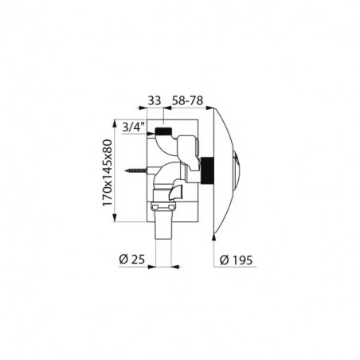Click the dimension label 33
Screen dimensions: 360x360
[x=155, y=100]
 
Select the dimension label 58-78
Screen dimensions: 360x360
[x=188, y=100]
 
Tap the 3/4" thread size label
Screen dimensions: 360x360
[x=134, y=127]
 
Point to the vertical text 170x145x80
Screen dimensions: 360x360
[x=108, y=173]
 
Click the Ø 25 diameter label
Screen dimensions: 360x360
[x=132, y=260]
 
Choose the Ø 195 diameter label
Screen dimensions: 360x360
[x=236, y=260]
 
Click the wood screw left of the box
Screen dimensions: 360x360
[x=135, y=170]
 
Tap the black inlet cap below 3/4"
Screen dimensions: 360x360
[x=163, y=131]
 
